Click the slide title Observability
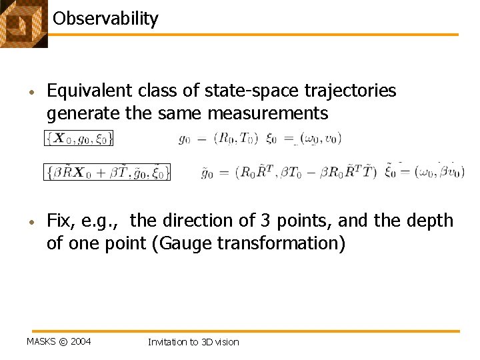pos(105,18)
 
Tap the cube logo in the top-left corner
pos(23,23)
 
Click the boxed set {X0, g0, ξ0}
pos(79,139)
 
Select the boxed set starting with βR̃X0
pos(107,172)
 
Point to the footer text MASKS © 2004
pos(59,342)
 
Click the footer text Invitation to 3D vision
pos(193,342)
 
